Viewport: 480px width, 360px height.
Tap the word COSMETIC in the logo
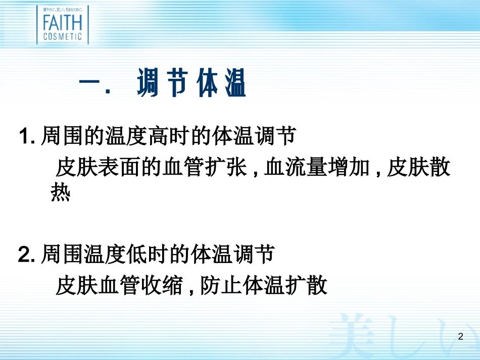pyautogui.click(x=62, y=36)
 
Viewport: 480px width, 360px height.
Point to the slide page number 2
pyautogui.click(x=460, y=336)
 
